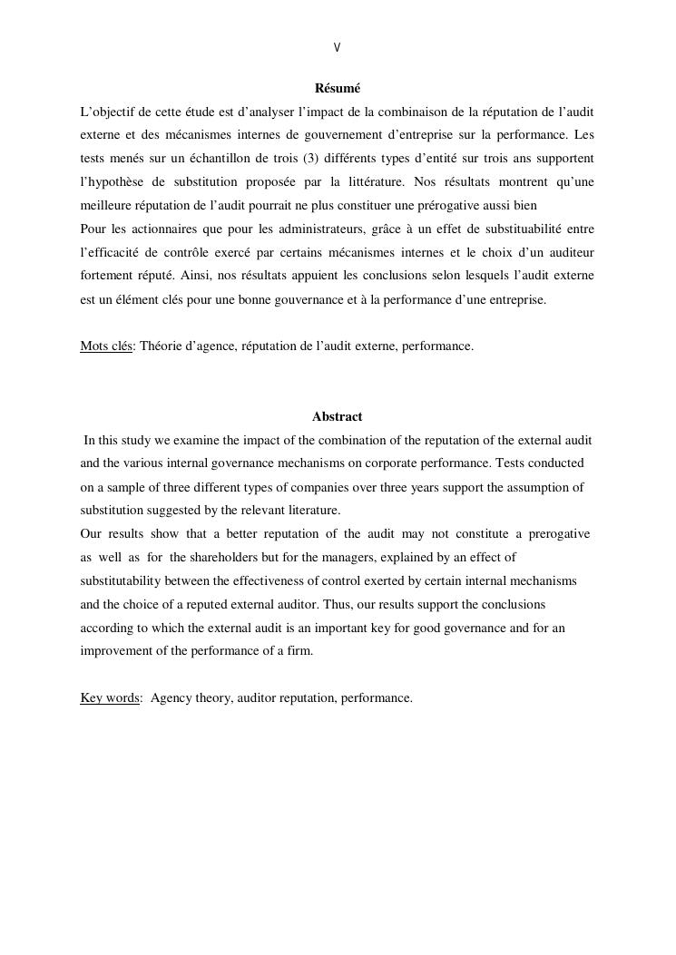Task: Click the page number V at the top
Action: click(338, 47)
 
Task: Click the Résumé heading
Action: click(338, 88)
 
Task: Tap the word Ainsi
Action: click(194, 276)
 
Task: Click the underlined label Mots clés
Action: click(106, 346)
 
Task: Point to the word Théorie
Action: click(160, 346)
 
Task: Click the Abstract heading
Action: click(338, 417)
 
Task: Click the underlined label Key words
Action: click(110, 697)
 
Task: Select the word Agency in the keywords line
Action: click(171, 697)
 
